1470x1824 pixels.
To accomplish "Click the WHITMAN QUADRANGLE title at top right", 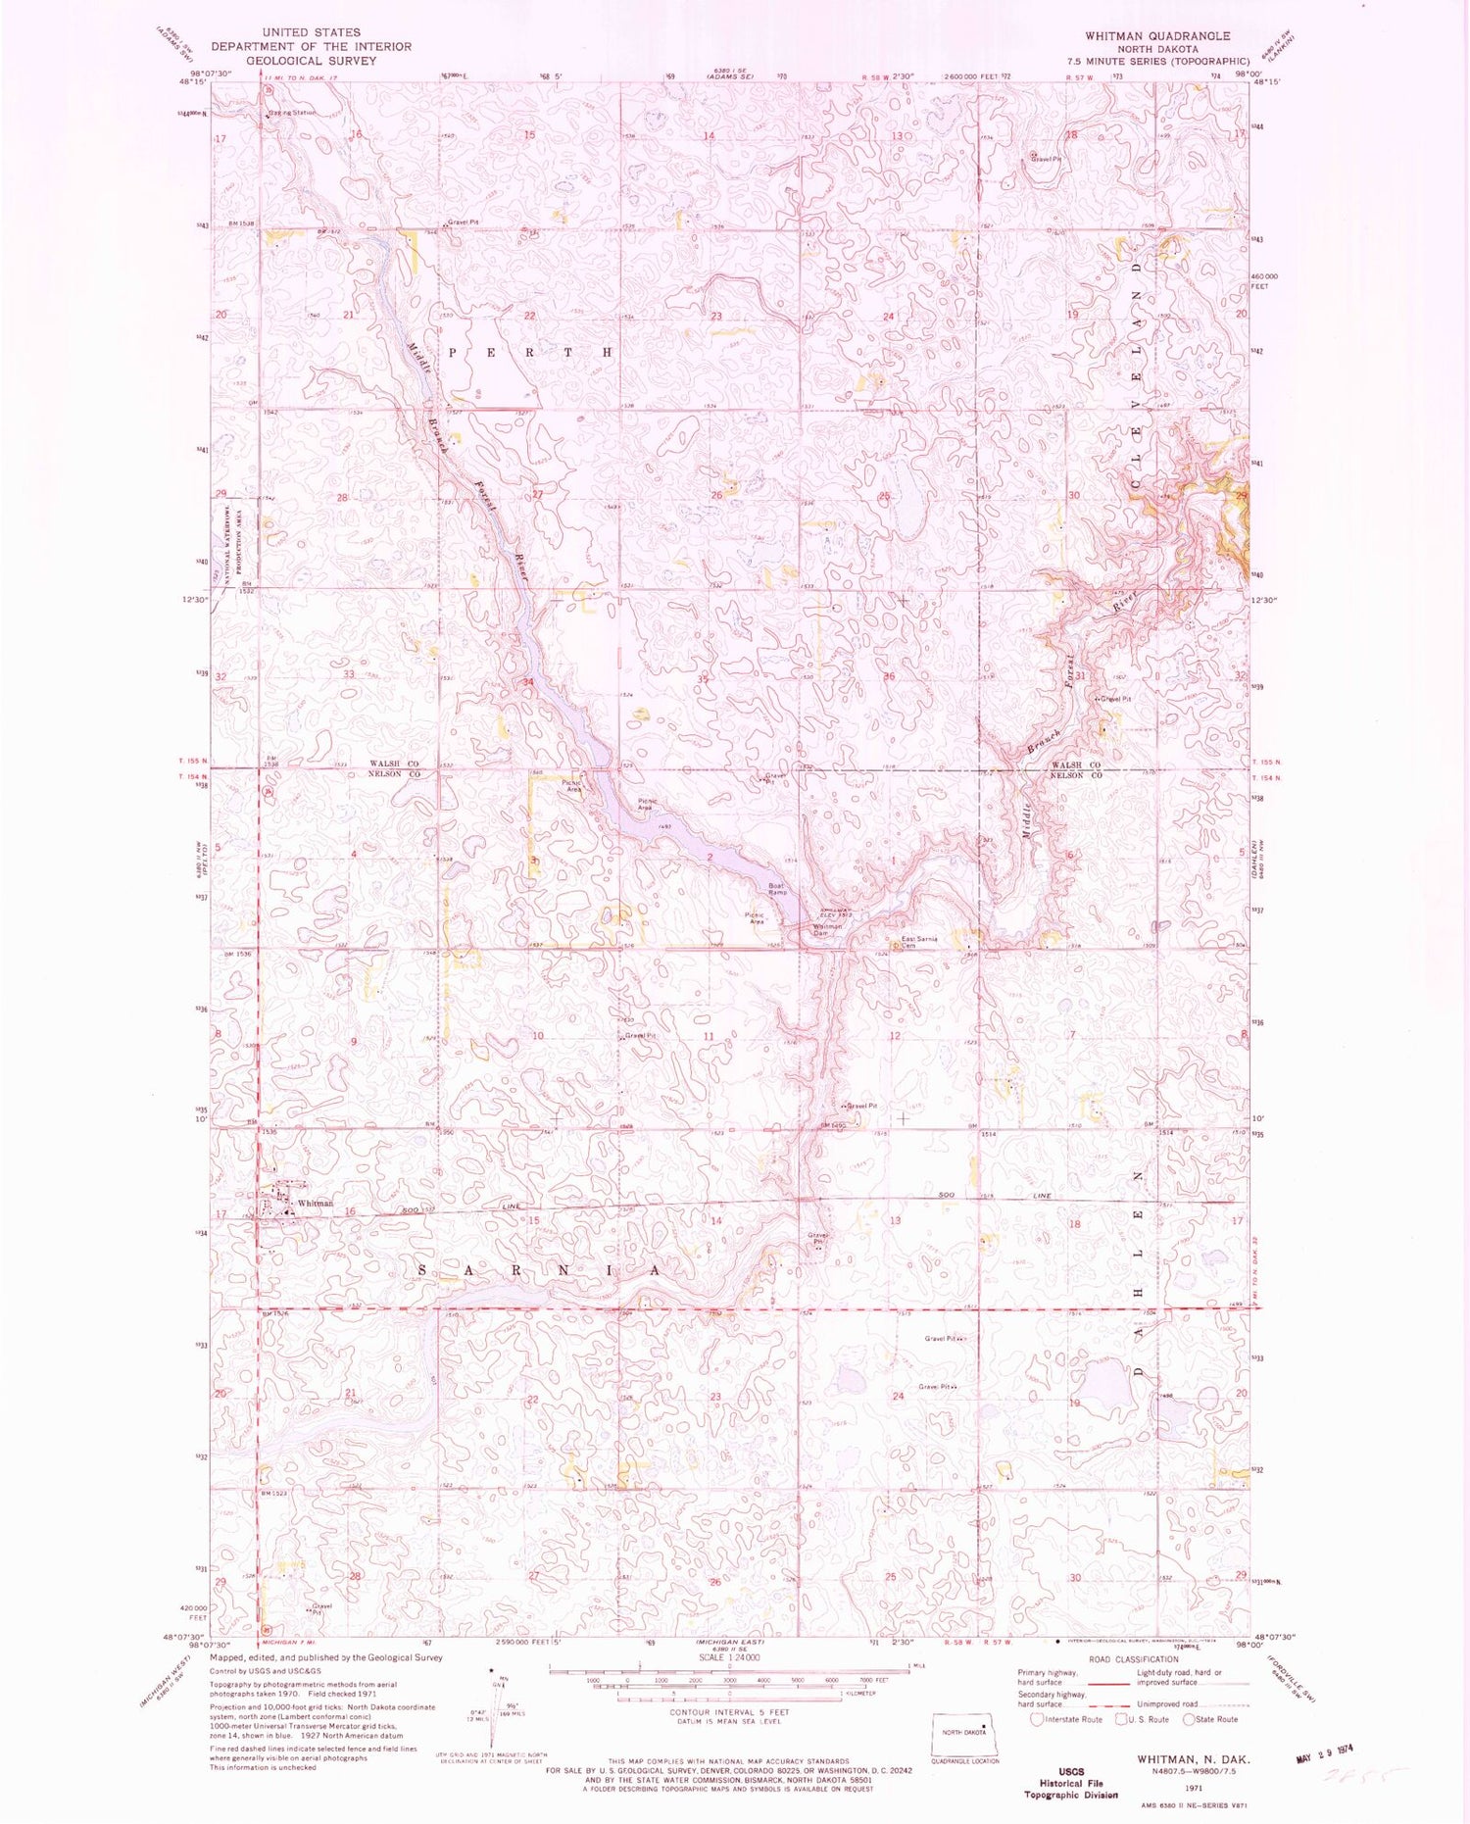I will [x=1143, y=35].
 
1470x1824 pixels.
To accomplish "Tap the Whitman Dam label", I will [x=827, y=929].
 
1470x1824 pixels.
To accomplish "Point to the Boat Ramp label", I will [x=776, y=889].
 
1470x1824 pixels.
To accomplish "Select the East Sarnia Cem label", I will [x=919, y=941].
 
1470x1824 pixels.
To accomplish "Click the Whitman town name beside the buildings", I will [x=316, y=1203].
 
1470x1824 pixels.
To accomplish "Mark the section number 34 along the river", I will [x=528, y=682].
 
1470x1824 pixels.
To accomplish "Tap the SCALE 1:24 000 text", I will [x=730, y=1657].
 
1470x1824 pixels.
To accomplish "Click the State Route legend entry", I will [x=1215, y=1719].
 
